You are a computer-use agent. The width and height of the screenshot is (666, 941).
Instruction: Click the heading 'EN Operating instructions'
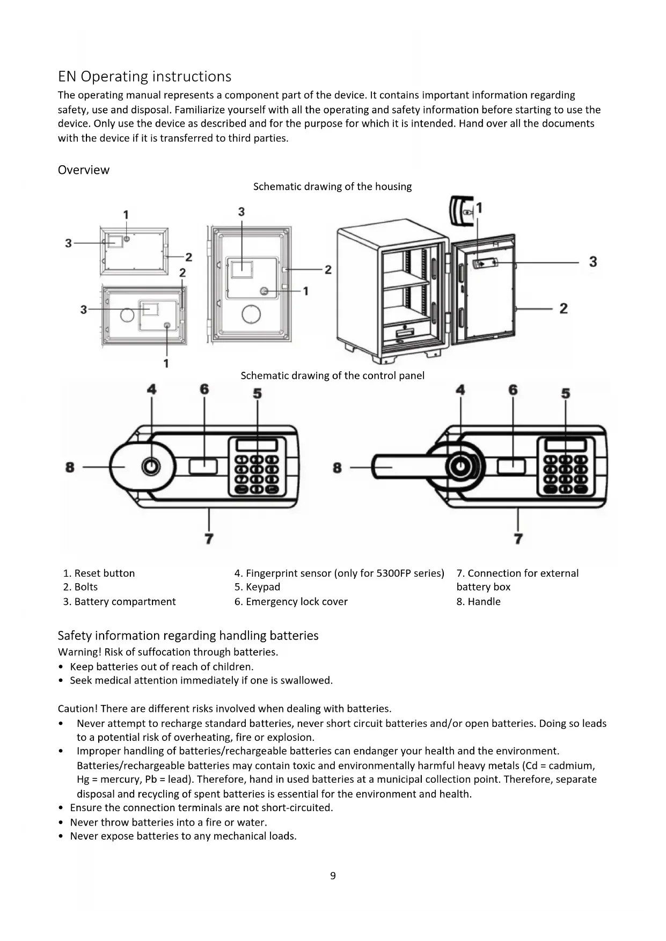144,77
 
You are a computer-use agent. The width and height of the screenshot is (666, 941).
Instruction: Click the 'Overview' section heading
84,170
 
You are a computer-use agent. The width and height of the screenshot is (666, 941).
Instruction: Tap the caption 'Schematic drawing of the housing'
332,187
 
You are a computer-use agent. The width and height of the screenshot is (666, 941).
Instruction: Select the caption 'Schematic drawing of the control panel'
332,376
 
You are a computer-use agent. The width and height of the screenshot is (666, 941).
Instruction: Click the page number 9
333,876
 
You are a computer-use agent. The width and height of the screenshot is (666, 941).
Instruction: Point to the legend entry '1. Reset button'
99,573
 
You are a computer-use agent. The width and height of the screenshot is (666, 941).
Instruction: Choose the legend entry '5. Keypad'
257,587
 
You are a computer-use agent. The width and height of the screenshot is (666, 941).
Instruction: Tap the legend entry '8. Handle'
478,601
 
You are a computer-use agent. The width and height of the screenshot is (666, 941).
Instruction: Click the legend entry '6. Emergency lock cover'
291,601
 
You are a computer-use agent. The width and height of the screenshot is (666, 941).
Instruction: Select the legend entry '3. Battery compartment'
119,601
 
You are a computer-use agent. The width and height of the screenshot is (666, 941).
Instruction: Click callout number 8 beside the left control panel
70,467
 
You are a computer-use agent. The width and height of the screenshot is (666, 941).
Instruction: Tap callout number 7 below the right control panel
518,538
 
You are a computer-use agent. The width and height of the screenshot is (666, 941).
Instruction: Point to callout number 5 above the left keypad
258,394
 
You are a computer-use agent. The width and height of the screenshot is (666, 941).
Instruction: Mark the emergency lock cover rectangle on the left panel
203,466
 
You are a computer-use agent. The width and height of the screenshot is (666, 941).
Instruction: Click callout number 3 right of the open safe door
592,262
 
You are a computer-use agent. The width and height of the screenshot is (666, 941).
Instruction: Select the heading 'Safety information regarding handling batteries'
188,636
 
